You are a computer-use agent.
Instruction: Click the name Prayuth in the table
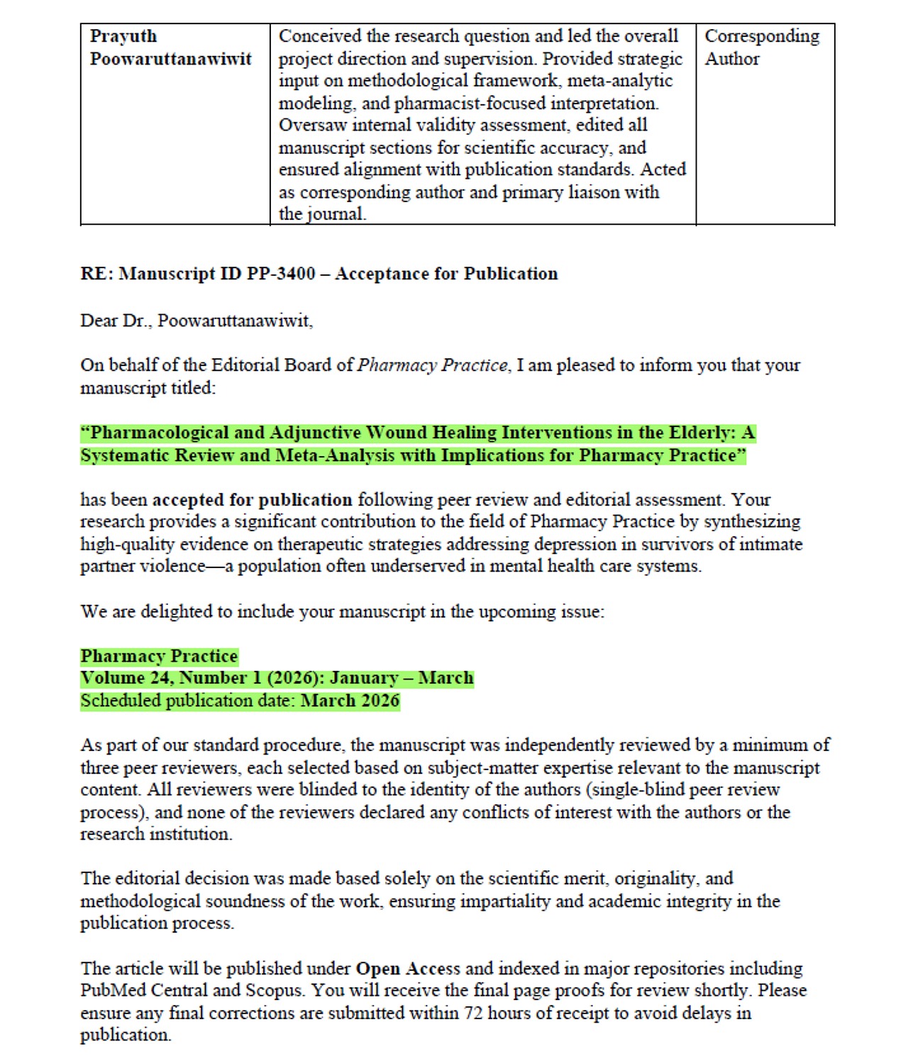(123, 36)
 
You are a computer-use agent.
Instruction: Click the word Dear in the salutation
(99, 321)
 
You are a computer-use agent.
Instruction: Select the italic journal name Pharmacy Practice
(433, 365)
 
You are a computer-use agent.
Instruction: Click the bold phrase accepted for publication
(253, 500)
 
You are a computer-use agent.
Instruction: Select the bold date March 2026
(350, 701)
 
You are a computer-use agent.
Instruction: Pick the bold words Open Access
(408, 969)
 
